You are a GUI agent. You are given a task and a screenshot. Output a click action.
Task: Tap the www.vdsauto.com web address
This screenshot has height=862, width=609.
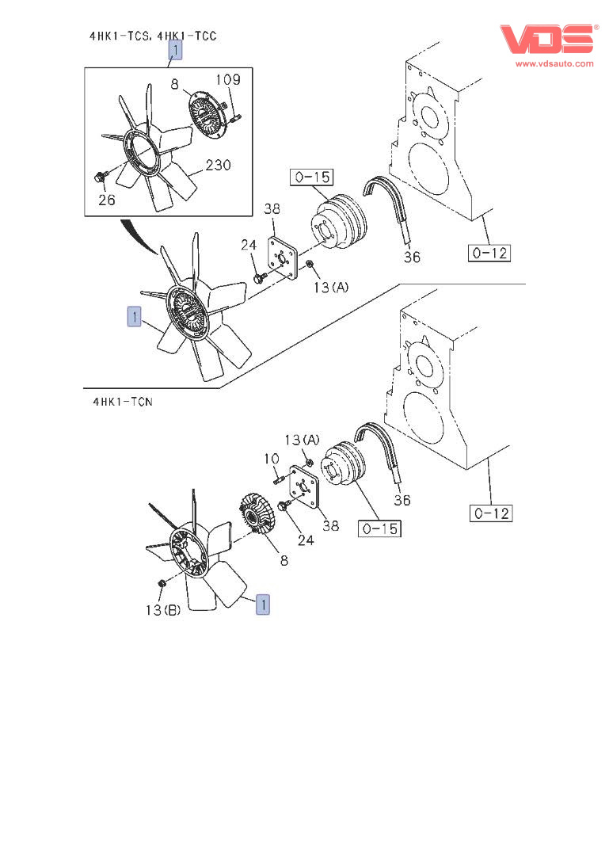(554, 63)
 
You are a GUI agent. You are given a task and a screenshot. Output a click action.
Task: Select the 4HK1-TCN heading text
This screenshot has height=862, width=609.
(123, 402)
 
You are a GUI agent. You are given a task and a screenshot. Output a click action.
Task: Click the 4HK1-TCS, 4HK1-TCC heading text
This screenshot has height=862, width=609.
(153, 36)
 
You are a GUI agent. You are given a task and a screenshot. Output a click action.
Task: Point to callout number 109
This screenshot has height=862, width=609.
(228, 80)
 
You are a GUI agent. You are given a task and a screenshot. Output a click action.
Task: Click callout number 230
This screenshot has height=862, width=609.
(219, 165)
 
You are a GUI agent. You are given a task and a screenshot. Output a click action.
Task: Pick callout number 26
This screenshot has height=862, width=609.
(107, 200)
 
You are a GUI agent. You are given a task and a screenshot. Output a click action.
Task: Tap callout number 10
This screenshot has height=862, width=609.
(272, 459)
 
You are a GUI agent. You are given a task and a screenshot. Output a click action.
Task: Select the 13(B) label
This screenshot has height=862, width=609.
(162, 610)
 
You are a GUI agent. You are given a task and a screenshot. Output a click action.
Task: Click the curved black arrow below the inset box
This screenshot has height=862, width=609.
(140, 235)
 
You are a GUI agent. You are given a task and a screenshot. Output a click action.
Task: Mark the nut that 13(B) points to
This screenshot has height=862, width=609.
(162, 583)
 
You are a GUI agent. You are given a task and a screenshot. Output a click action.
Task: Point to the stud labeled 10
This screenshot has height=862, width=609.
(278, 480)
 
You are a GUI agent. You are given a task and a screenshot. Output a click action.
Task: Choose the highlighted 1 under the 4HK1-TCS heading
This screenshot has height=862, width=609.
(175, 51)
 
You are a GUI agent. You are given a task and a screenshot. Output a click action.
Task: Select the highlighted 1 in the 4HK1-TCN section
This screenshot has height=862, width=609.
(263, 605)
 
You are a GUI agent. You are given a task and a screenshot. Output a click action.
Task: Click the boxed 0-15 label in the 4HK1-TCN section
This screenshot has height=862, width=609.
(380, 529)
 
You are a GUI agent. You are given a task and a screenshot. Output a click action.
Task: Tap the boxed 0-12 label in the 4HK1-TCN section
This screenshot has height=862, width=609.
(491, 513)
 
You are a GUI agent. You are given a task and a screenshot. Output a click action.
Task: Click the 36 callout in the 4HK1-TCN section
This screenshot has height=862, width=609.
(402, 500)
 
